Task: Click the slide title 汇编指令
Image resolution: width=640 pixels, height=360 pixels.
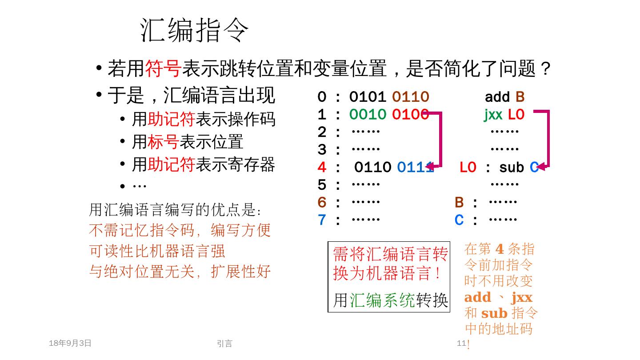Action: click(194, 30)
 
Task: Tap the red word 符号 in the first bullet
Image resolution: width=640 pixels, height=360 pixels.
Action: click(163, 69)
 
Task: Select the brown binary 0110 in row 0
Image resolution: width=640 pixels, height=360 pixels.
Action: click(410, 97)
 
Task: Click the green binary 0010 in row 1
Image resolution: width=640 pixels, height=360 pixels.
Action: click(368, 115)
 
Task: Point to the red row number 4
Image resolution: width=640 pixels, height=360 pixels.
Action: click(322, 168)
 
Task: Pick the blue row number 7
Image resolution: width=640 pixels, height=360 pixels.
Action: click(322, 220)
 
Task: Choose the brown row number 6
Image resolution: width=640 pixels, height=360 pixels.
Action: click(322, 203)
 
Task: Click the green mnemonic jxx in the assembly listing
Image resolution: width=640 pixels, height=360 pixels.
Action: click(493, 115)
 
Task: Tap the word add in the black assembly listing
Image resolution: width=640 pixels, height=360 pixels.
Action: click(497, 97)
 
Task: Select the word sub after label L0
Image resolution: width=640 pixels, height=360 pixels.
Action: click(512, 168)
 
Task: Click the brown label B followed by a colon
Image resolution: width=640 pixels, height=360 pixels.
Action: click(459, 203)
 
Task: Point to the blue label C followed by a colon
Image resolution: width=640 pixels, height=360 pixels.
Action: click(459, 220)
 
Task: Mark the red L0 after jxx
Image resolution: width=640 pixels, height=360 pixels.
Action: click(516, 115)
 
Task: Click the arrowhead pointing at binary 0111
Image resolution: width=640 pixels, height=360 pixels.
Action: click(430, 167)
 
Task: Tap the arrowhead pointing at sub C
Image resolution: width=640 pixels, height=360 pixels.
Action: click(541, 167)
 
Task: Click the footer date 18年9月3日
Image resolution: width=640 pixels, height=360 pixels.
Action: click(70, 343)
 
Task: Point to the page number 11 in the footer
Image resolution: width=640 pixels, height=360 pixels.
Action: click(461, 343)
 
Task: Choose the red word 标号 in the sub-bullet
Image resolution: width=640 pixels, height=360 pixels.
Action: click(163, 142)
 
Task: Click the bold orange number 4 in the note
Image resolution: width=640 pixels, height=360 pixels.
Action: click(499, 249)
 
